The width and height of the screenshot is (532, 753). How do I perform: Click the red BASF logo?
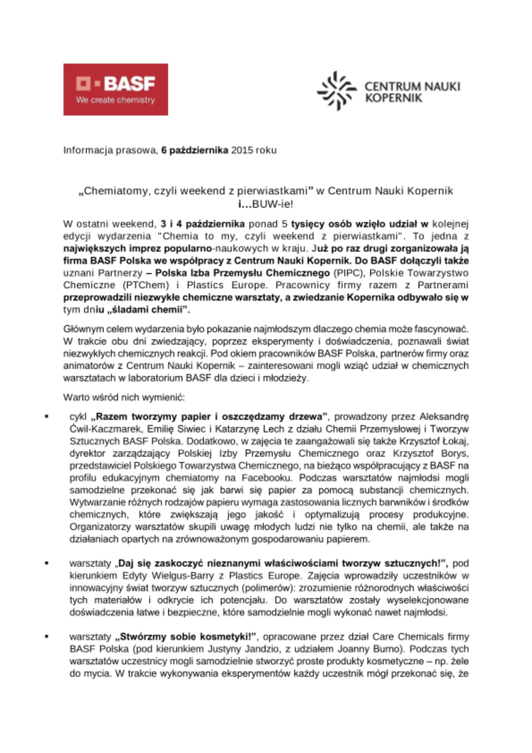point(116,89)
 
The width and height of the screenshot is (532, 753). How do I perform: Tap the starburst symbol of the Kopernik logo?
point(336,91)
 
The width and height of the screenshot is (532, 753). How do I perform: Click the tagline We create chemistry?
point(116,100)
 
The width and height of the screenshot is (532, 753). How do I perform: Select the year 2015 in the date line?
point(242,150)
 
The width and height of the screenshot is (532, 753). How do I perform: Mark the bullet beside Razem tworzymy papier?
point(47,416)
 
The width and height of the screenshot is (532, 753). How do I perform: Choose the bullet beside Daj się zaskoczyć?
point(47,563)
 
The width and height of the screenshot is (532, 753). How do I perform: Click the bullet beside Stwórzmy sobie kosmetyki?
point(47,637)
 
